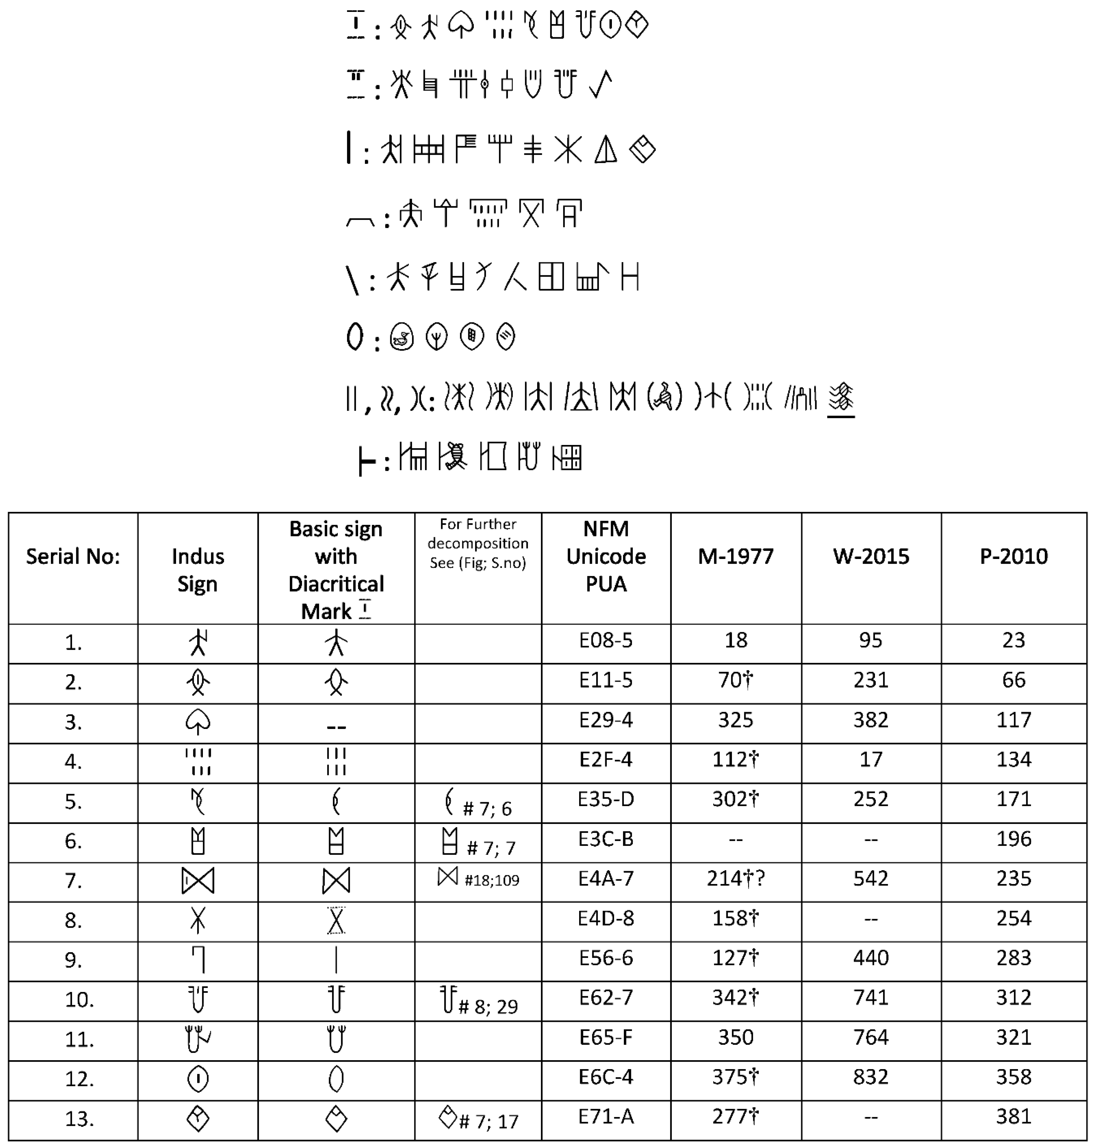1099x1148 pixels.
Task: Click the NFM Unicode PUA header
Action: [x=606, y=556]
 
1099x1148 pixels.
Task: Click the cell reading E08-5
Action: [x=606, y=641]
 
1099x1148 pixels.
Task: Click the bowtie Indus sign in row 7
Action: [x=198, y=880]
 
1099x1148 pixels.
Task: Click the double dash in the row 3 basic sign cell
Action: [x=336, y=727]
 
